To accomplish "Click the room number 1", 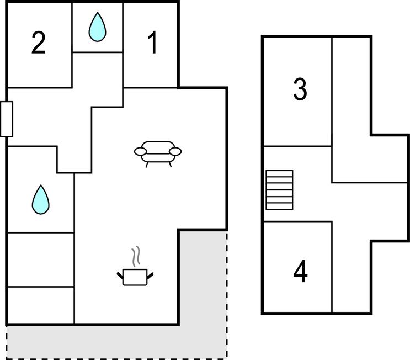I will (x=152, y=43).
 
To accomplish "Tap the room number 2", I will (x=38, y=43).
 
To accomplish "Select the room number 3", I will (x=300, y=89).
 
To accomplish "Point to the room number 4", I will (x=300, y=272).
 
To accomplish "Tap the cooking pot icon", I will (x=135, y=276).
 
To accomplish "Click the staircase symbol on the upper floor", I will (x=279, y=190).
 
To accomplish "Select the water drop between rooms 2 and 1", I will (x=98, y=27).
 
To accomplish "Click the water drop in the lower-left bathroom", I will (x=40, y=200).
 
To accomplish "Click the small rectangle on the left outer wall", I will (x=7, y=119).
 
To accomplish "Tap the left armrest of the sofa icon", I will (x=141, y=151).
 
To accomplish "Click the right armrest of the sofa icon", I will (x=175, y=151).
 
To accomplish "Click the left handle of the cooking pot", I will (x=120, y=274).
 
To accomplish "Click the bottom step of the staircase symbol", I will (x=279, y=207).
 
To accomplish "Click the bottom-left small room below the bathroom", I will (x=40, y=305).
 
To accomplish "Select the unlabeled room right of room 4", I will (x=351, y=276).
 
